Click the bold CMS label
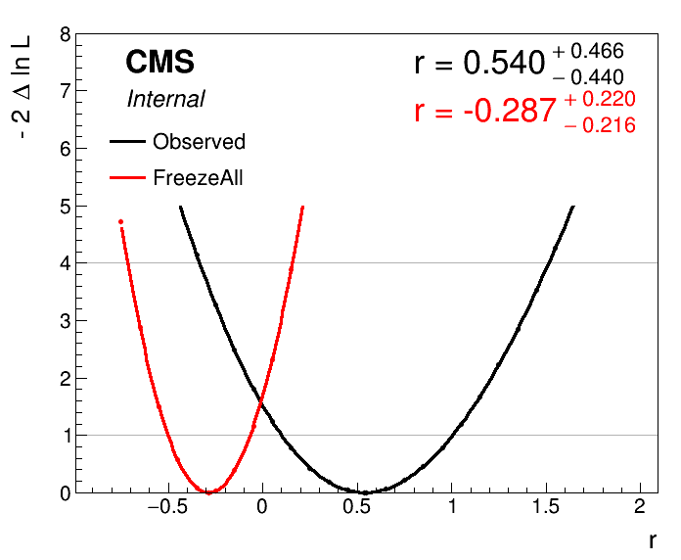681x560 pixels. point(159,63)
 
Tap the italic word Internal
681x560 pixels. point(165,99)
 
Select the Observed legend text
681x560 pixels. point(199,142)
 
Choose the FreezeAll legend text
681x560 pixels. point(198,178)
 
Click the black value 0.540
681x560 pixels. point(503,64)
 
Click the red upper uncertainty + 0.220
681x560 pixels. point(600,99)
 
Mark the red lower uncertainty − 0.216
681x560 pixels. point(600,125)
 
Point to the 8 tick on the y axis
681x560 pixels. point(65,34)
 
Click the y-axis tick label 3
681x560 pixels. point(65,321)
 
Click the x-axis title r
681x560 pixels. point(652,540)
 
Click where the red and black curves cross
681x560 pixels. point(261,402)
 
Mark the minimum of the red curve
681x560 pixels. point(208,491)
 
